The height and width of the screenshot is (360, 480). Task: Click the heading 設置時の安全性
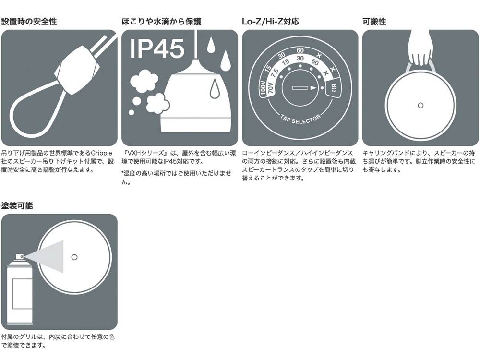(x=29, y=22)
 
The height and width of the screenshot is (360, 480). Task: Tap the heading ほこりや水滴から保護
(x=161, y=22)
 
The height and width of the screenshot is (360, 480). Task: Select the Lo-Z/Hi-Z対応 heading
(x=270, y=22)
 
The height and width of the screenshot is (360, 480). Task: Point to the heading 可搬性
(x=374, y=22)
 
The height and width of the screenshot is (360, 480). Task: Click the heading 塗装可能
(x=17, y=206)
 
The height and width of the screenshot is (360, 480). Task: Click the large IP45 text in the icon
(x=157, y=48)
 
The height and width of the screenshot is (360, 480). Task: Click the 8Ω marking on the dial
(x=334, y=88)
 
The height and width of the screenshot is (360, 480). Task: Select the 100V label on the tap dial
(x=263, y=88)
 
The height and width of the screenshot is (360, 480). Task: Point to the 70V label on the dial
(x=270, y=88)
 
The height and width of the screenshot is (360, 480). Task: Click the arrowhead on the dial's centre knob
(x=313, y=88)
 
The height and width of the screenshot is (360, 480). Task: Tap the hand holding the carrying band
(x=421, y=48)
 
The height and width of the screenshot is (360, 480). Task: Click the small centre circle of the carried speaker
(x=420, y=105)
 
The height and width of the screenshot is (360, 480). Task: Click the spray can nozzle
(x=20, y=256)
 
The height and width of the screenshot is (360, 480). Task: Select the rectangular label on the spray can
(x=22, y=294)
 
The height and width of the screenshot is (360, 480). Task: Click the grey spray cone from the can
(x=46, y=256)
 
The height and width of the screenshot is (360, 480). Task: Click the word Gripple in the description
(x=101, y=153)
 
